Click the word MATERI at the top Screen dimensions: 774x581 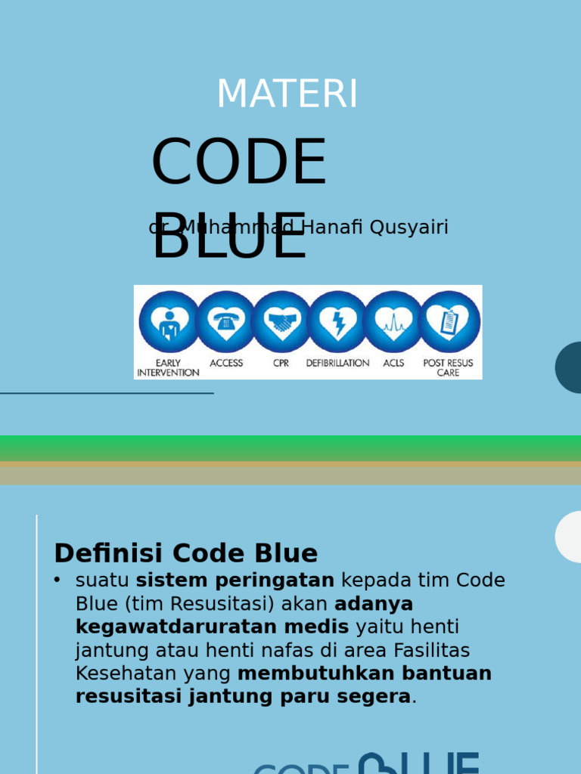click(287, 94)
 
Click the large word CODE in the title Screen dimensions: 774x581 click(238, 163)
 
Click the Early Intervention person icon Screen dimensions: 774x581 click(169, 322)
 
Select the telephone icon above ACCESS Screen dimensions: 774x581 click(225, 322)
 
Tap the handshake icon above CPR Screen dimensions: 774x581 click(281, 322)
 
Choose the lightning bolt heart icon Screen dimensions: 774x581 click(337, 322)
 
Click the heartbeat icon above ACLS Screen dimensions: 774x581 click(393, 322)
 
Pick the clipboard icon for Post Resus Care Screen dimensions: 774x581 click(449, 322)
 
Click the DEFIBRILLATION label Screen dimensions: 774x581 click(337, 363)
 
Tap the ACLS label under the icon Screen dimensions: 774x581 click(393, 363)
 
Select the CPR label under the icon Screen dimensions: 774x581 click(281, 363)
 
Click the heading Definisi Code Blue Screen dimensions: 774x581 click(185, 553)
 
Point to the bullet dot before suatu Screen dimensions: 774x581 click(57, 580)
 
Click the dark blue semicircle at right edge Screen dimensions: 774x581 click(570, 367)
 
